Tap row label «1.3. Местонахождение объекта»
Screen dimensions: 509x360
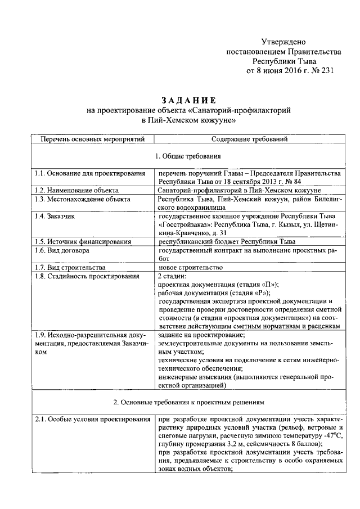click(x=82, y=199)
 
